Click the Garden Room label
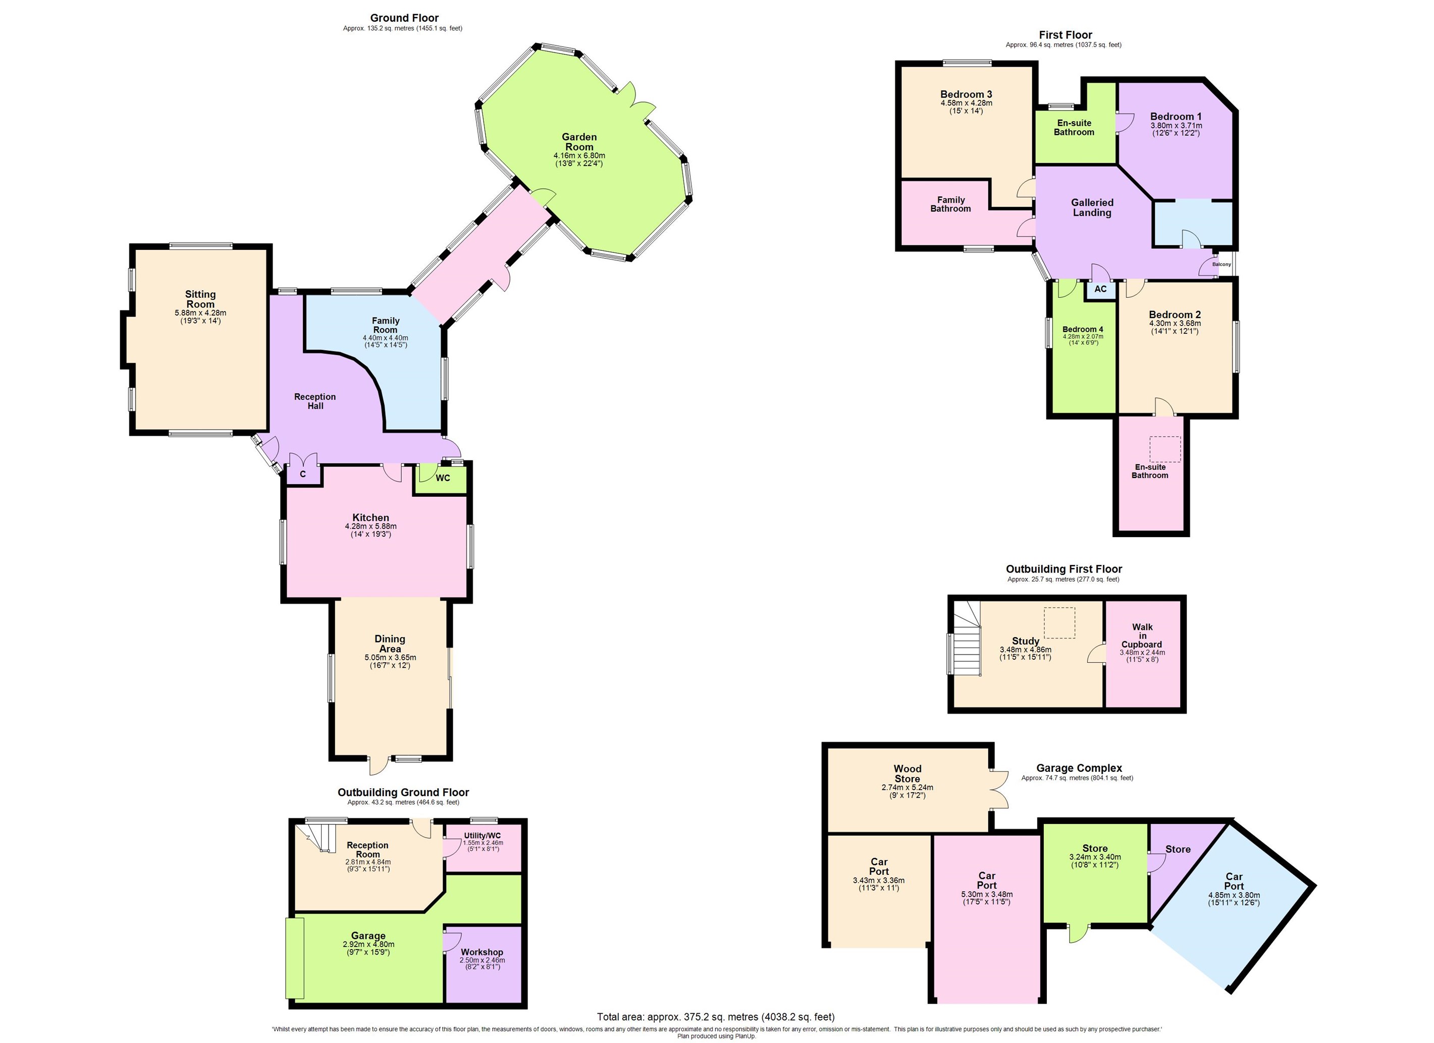(x=578, y=142)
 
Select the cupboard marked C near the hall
(x=303, y=475)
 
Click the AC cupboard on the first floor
(x=1100, y=289)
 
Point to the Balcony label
(x=1221, y=265)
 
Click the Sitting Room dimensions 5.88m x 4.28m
(x=200, y=313)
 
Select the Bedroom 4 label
(x=1083, y=329)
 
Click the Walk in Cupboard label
(x=1142, y=636)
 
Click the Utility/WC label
(x=482, y=836)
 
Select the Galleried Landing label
(x=1092, y=207)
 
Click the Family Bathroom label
(x=950, y=204)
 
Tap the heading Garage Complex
(x=1079, y=768)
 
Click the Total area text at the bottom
(x=715, y=1017)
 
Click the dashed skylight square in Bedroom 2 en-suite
(x=1164, y=448)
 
